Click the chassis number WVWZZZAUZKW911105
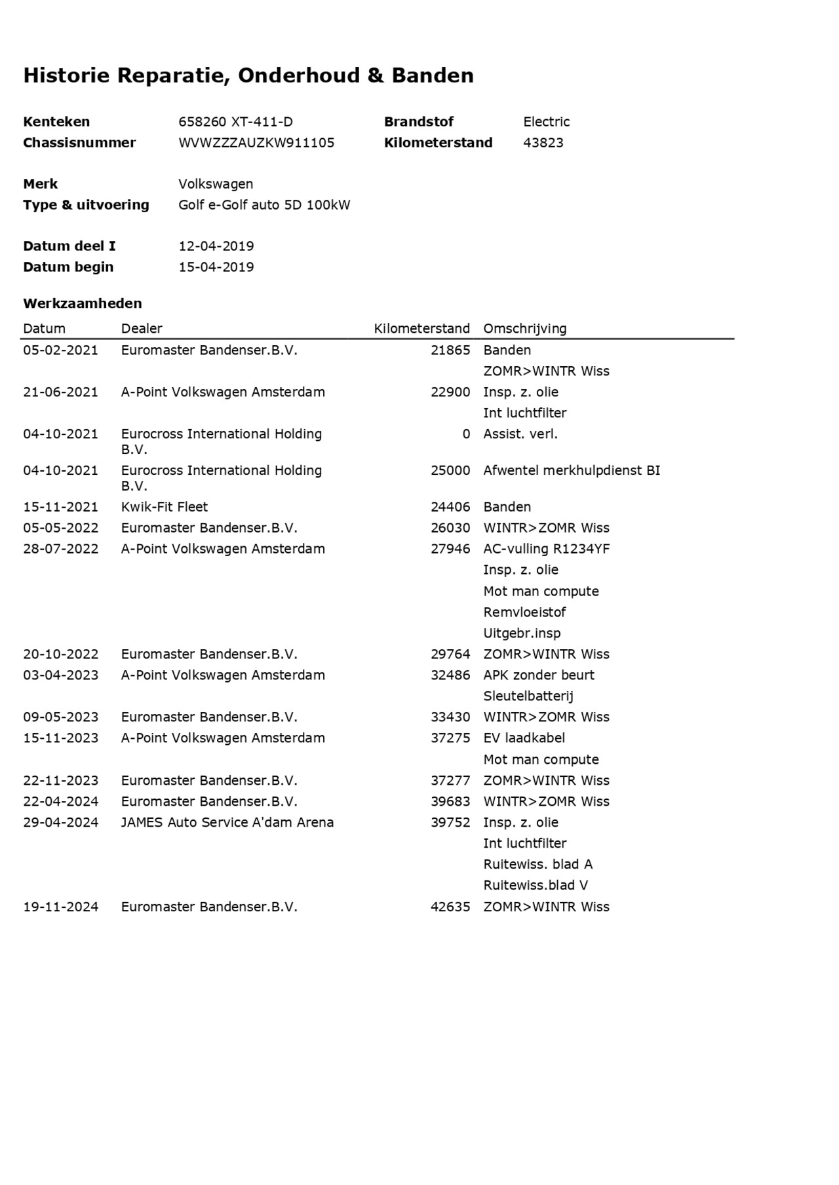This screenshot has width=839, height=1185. pyautogui.click(x=256, y=143)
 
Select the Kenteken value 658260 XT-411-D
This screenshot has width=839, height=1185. pyautogui.click(x=235, y=122)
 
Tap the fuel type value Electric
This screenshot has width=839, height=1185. pyautogui.click(x=546, y=122)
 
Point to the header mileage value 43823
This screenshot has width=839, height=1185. pyautogui.click(x=543, y=143)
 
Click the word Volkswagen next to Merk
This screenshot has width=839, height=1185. pyautogui.click(x=216, y=184)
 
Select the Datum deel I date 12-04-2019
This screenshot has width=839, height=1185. pyautogui.click(x=216, y=246)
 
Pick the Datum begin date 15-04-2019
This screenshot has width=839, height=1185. pyautogui.click(x=216, y=267)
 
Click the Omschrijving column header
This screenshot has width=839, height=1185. pyautogui.click(x=524, y=329)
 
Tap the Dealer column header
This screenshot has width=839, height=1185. pyautogui.click(x=142, y=329)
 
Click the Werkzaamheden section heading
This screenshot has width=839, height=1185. pyautogui.click(x=83, y=303)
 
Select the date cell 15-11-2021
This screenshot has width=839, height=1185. pyautogui.click(x=61, y=507)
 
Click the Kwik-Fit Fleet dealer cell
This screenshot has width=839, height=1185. pyautogui.click(x=164, y=507)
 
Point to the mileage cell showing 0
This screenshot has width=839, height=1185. pyautogui.click(x=466, y=434)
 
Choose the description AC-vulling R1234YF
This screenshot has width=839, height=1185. pyautogui.click(x=546, y=549)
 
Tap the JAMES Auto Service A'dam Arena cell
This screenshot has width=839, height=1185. pyautogui.click(x=227, y=823)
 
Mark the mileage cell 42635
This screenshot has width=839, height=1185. pyautogui.click(x=450, y=907)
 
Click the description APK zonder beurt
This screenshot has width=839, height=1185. pyautogui.click(x=539, y=675)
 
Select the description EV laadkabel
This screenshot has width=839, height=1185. pyautogui.click(x=524, y=738)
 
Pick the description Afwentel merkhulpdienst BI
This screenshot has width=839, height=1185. pyautogui.click(x=572, y=470)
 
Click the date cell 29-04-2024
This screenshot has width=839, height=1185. pyautogui.click(x=61, y=823)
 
